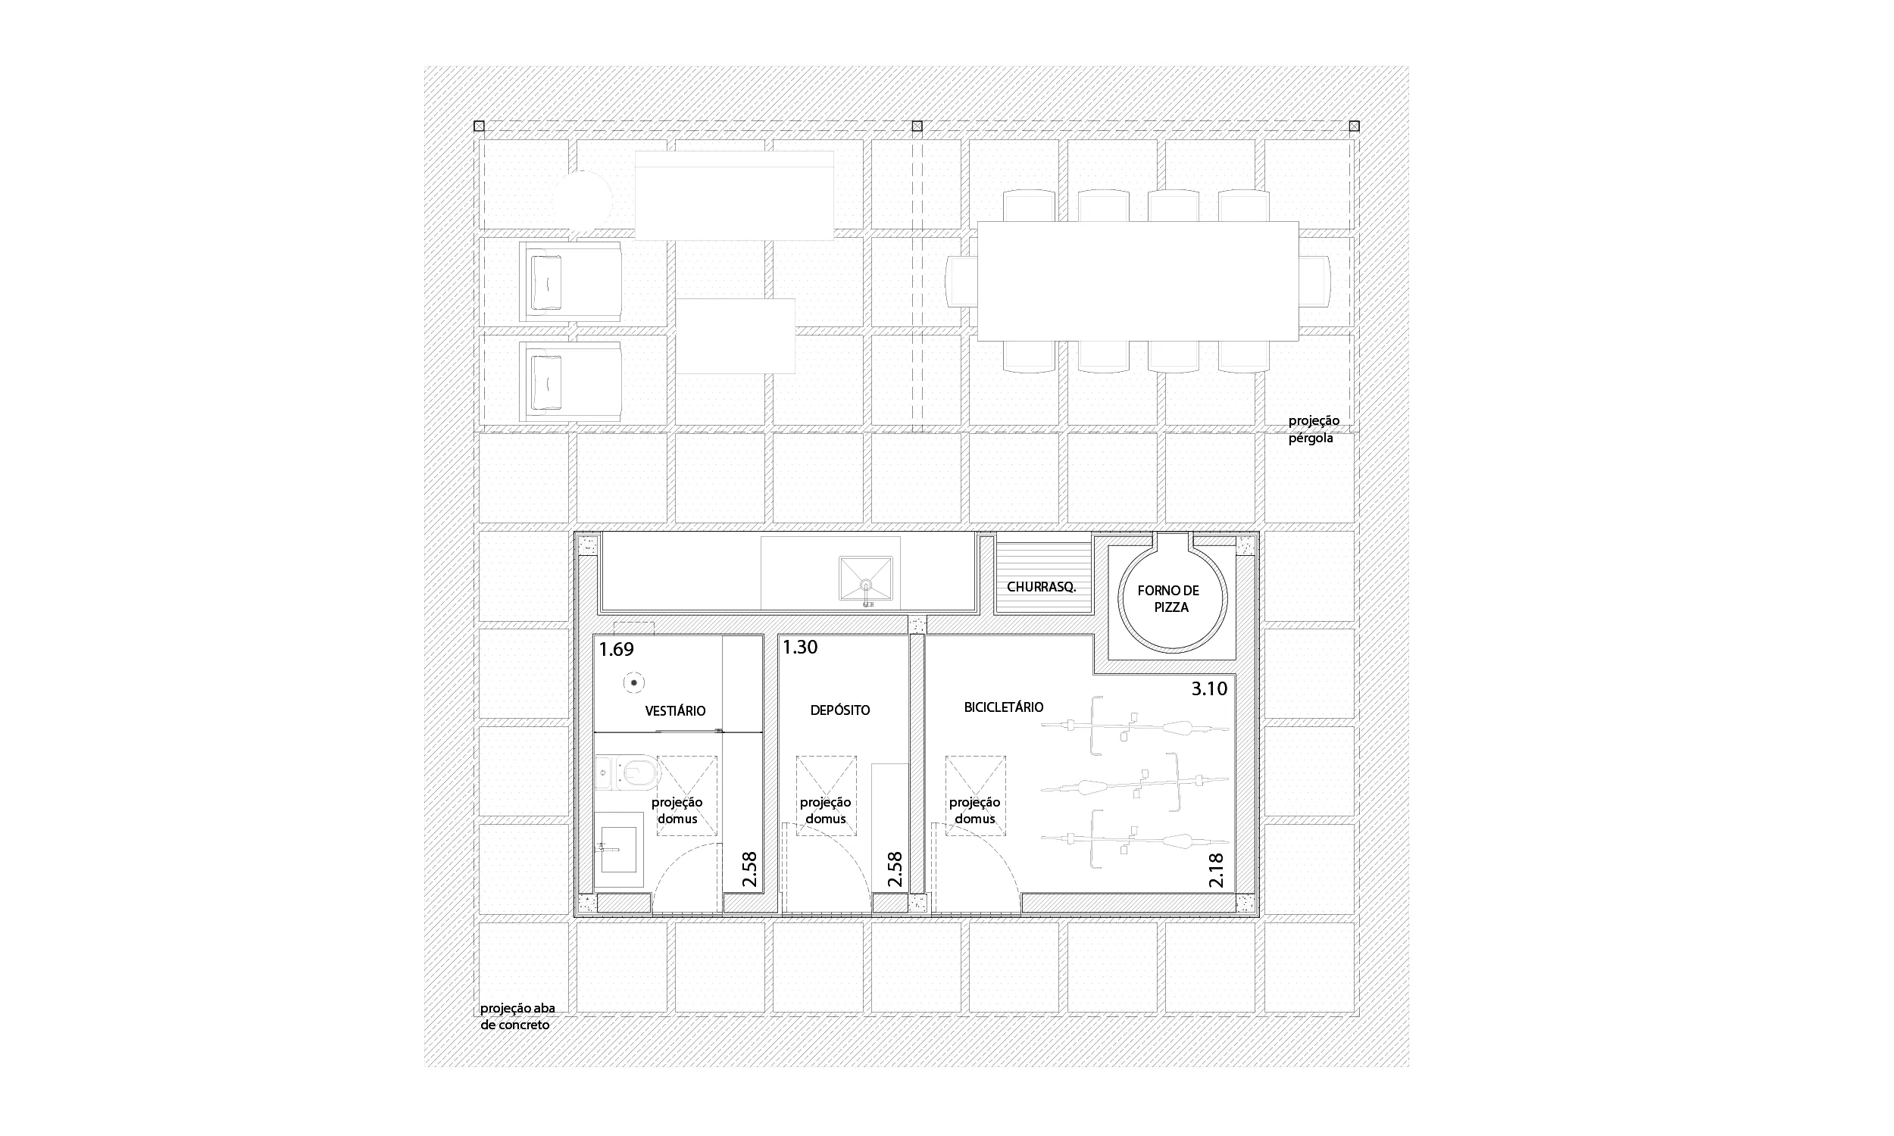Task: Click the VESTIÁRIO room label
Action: tap(675, 710)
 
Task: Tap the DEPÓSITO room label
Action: tap(840, 710)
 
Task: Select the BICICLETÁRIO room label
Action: tap(1004, 707)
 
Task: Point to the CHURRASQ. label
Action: tap(1041, 587)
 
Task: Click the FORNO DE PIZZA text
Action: tap(1168, 598)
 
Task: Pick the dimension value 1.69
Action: tap(616, 649)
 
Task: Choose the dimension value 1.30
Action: tap(800, 647)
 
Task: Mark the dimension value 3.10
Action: tap(1210, 688)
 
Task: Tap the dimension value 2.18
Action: tap(1216, 870)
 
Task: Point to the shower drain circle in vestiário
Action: tap(634, 683)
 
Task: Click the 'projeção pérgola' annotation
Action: tap(1314, 429)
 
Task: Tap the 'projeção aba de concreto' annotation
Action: tap(517, 1016)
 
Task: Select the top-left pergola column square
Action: tap(480, 126)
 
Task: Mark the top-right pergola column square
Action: tap(1354, 126)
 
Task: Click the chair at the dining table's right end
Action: tap(1315, 281)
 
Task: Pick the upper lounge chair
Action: tap(570, 281)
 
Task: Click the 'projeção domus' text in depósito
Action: tap(825, 810)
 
